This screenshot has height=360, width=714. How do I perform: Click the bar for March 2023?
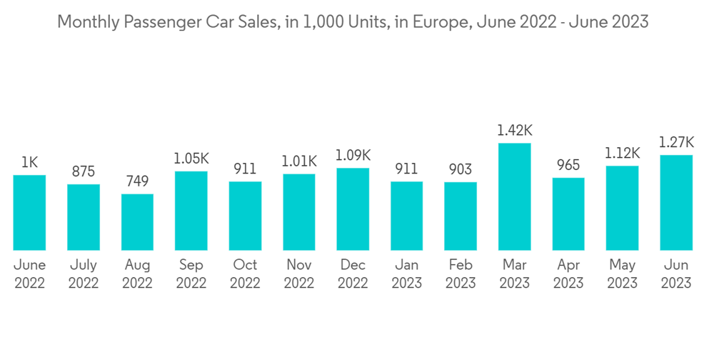(x=515, y=196)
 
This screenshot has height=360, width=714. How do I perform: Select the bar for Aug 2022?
(x=137, y=222)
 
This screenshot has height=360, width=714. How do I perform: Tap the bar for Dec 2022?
(x=353, y=209)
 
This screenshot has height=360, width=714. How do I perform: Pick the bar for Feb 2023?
(x=461, y=216)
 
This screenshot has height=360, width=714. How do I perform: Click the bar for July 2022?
(x=84, y=217)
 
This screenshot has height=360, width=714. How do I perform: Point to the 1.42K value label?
(x=515, y=131)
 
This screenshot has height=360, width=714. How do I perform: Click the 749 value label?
(x=137, y=181)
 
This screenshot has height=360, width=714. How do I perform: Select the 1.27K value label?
(x=676, y=143)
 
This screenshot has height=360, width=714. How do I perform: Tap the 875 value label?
(x=84, y=172)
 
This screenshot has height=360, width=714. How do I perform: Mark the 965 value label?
(x=568, y=165)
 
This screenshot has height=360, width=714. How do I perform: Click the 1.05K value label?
(x=191, y=159)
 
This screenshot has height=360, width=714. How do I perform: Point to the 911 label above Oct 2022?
(x=245, y=169)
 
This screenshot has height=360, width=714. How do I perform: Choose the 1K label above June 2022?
(x=29, y=163)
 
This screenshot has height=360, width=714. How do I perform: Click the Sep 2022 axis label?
(x=191, y=274)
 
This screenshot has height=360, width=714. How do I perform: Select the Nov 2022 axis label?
(x=299, y=274)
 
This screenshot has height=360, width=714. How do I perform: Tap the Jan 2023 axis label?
(x=407, y=274)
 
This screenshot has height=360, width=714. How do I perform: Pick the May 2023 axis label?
(x=623, y=274)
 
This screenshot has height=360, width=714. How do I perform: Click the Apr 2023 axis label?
(x=568, y=274)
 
